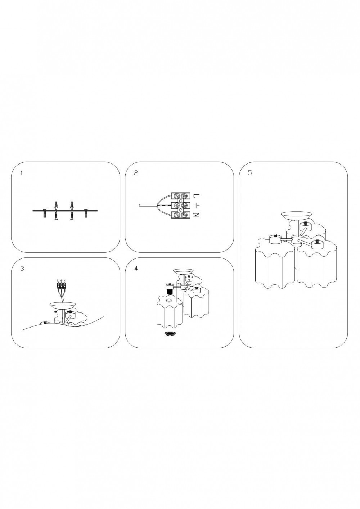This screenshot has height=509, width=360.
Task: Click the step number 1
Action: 22,173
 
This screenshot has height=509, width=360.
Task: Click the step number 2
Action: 136,173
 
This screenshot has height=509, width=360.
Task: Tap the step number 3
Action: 22,269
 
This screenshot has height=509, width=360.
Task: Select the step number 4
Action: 136,269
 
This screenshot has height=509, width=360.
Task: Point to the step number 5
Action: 250,173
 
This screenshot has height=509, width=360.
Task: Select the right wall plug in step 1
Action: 72,205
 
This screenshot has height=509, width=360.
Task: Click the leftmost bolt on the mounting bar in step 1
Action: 44,213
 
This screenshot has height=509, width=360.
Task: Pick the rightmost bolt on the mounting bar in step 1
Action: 86,213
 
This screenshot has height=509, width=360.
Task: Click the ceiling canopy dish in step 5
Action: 296,216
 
